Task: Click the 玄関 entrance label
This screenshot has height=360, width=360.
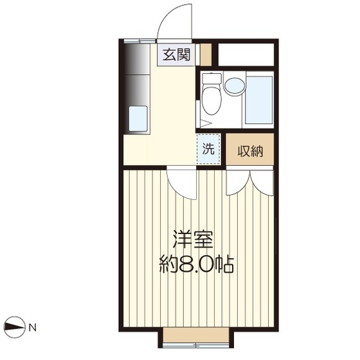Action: click(x=175, y=55)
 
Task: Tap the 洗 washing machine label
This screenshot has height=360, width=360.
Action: click(x=208, y=150)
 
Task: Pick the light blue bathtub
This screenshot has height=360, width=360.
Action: click(x=260, y=100)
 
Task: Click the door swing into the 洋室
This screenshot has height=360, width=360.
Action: click(x=182, y=184)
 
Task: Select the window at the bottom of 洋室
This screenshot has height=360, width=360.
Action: click(x=196, y=338)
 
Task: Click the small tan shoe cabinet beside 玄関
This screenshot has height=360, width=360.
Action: click(x=206, y=55)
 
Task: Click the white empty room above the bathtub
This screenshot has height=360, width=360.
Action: click(x=247, y=54)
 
